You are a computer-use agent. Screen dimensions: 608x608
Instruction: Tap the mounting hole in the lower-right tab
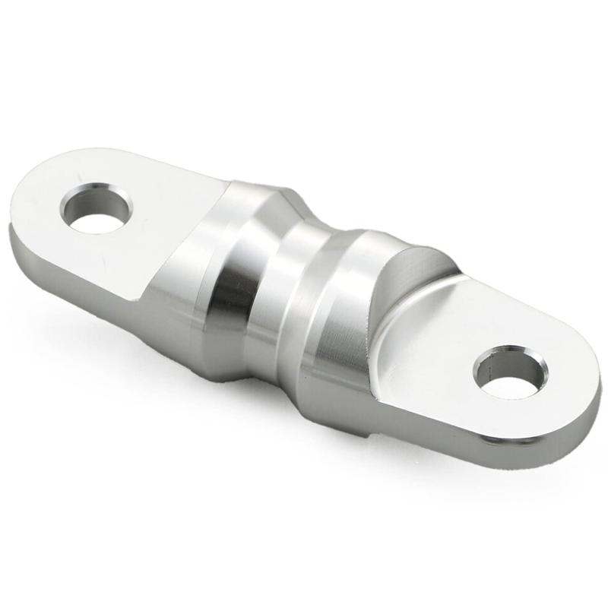[x=509, y=375]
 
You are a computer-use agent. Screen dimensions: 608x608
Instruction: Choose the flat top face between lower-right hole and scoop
[x=441, y=342]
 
